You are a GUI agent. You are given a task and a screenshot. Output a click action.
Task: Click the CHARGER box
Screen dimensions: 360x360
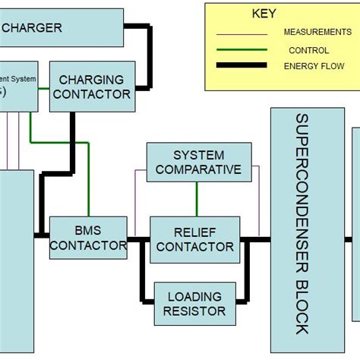click(61, 28)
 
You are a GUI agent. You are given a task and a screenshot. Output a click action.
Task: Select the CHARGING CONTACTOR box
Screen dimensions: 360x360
click(92, 87)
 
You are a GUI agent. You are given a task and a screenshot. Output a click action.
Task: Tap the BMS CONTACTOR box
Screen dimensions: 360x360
click(88, 237)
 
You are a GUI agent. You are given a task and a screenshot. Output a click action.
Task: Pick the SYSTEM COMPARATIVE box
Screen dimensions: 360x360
click(198, 162)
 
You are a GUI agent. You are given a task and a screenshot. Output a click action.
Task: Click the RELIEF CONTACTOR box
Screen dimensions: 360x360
click(194, 238)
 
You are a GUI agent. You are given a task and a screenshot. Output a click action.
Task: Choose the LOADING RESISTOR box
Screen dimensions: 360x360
click(195, 303)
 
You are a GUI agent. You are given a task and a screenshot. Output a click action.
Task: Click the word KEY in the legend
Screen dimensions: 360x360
click(264, 14)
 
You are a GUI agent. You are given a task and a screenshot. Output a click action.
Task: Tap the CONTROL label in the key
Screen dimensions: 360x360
click(308, 50)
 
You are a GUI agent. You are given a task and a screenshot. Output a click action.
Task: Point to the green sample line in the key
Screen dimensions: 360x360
click(242, 50)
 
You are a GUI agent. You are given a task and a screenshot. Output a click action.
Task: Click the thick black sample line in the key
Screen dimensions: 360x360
click(242, 66)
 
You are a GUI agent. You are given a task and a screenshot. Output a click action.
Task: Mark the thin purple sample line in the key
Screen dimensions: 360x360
click(242, 33)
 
